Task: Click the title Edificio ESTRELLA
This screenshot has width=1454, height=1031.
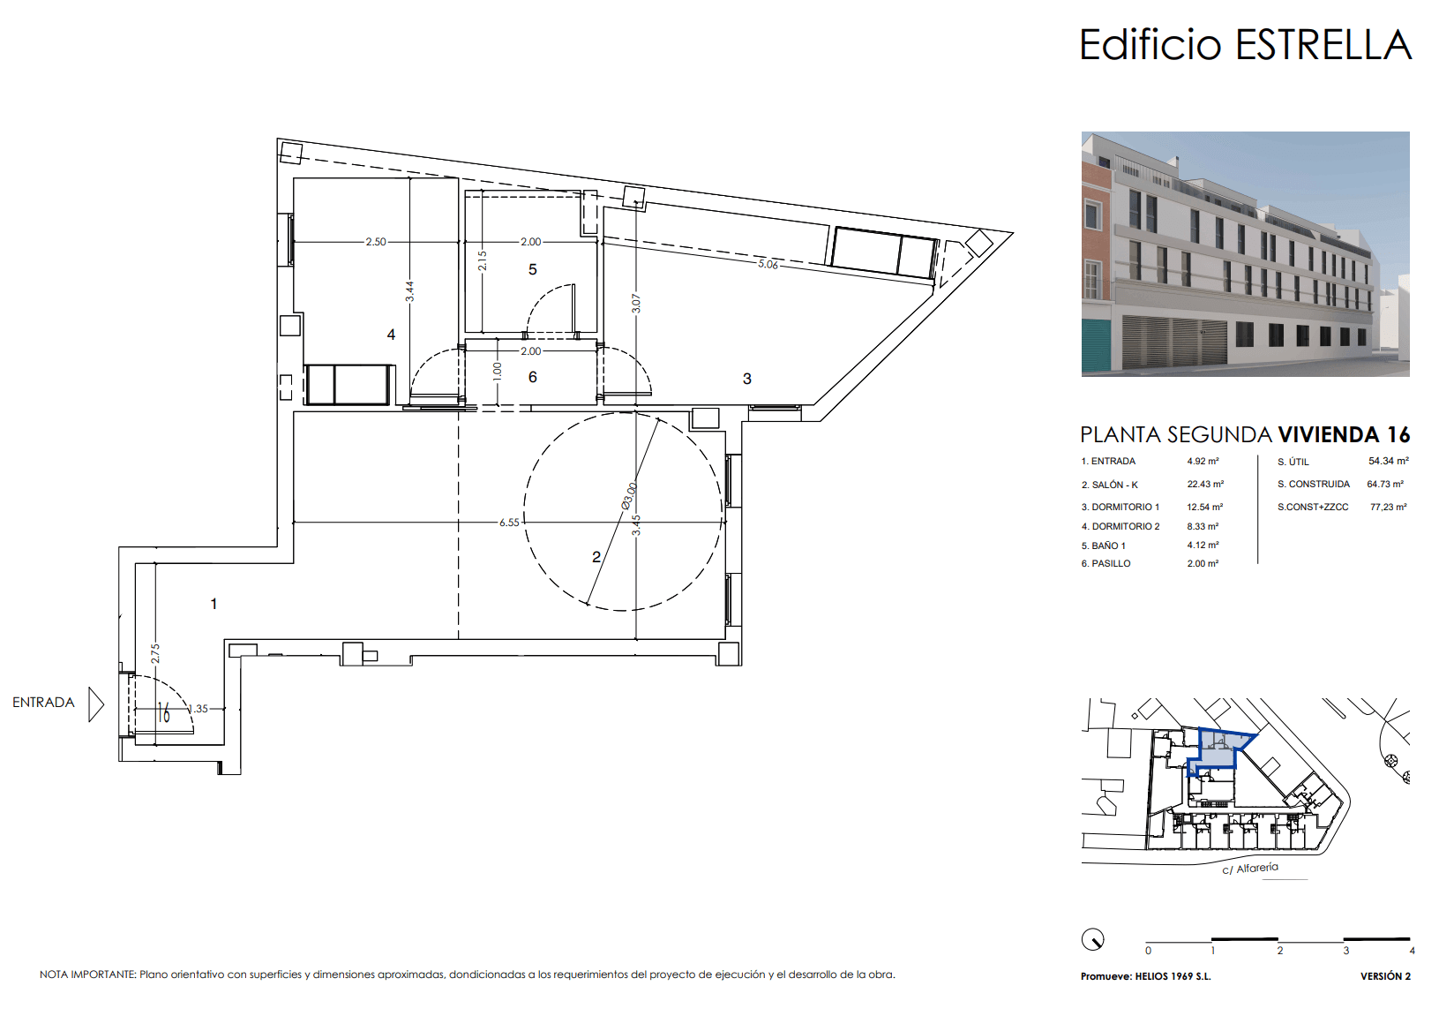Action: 1245,45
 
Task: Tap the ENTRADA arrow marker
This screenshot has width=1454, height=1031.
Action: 96,704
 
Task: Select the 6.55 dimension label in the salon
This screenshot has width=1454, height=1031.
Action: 510,523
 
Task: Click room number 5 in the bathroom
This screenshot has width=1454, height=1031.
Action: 532,269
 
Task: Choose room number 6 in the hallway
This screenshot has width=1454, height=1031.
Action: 532,377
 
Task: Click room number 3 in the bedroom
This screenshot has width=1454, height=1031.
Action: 747,379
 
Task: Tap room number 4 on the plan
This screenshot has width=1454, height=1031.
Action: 391,335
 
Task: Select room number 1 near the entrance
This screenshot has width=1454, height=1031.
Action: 214,604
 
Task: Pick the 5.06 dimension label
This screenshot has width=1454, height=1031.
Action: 768,264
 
